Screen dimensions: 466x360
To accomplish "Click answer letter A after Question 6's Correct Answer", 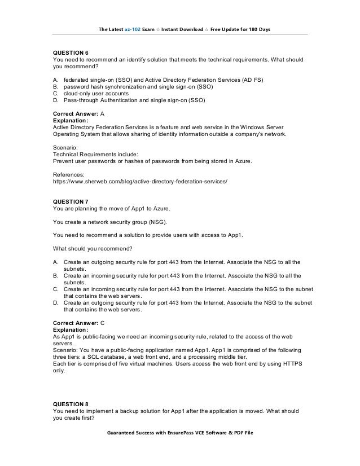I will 102,113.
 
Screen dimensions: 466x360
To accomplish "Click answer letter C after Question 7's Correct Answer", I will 102,323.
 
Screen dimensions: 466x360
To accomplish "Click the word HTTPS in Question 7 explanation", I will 290,363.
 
